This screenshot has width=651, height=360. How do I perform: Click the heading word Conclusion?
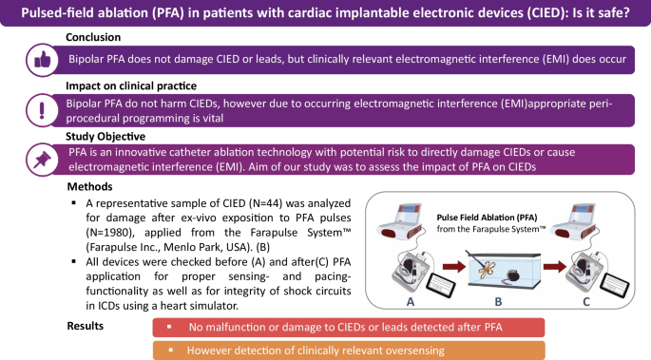coord(94,37)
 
